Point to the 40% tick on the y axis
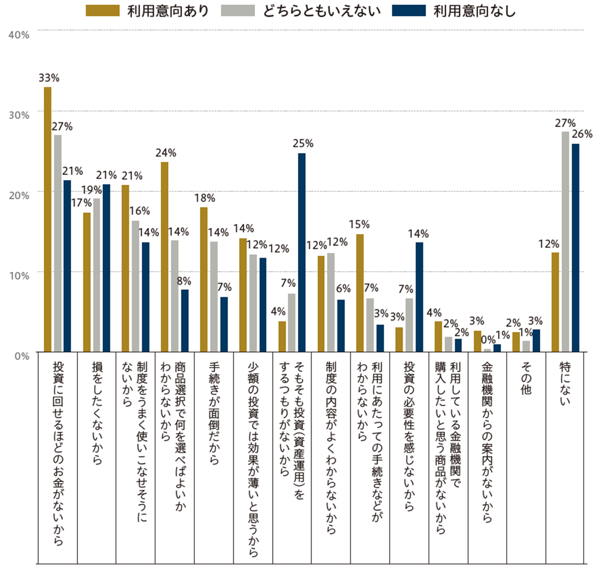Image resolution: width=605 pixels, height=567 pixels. pos(18,34)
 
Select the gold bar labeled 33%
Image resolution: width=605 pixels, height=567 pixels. pos(48,219)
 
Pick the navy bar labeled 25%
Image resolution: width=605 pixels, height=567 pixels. pos(302,252)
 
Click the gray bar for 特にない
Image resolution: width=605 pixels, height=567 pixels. pos(565,241)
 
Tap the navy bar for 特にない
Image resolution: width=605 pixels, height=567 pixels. pos(576,248)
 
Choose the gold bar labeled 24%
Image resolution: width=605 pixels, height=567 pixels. pos(165,257)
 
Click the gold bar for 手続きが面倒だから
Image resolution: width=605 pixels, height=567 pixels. pos(203,279)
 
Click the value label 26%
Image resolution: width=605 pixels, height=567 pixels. pos(582,134)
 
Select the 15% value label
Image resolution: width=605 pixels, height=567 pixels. pos(359,224)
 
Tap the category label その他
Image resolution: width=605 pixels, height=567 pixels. pos(526,378)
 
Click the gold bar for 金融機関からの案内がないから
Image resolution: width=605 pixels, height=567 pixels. pos(477,341)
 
